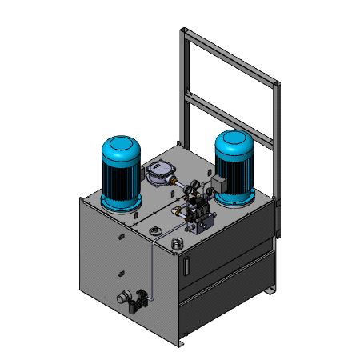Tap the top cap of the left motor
coord(121,147)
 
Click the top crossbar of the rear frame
coord(231,55)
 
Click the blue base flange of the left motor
coord(122,205)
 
